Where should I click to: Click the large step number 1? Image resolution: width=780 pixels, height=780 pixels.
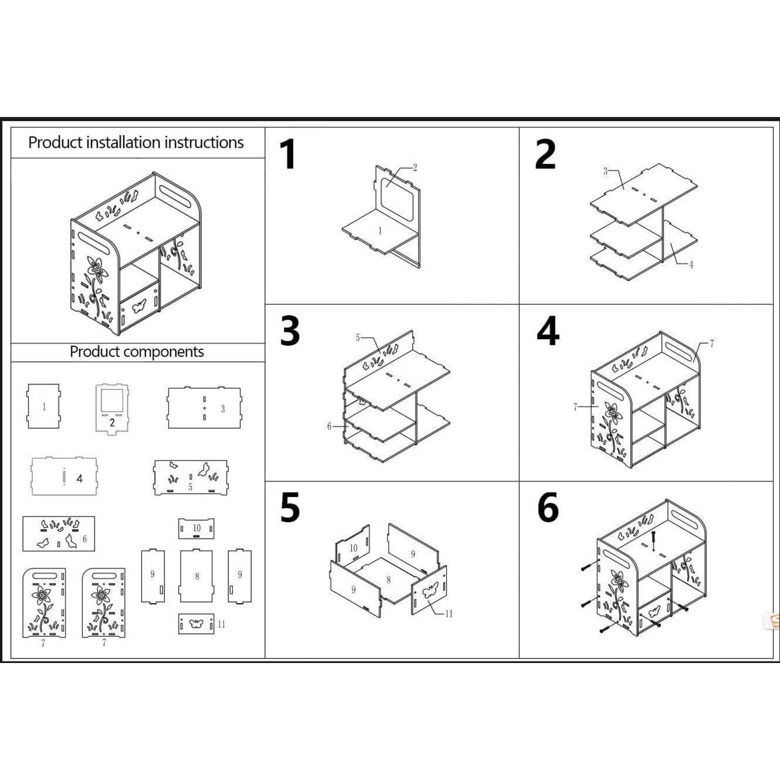(288, 154)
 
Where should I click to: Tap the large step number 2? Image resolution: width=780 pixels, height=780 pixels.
(545, 154)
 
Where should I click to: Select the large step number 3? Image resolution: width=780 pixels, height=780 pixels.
(290, 331)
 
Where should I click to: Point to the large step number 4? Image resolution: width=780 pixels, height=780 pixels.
(548, 331)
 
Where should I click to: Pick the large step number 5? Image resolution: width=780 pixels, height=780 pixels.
(290, 508)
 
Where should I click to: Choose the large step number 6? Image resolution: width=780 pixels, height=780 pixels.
(548, 508)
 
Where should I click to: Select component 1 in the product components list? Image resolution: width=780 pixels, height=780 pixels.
(43, 406)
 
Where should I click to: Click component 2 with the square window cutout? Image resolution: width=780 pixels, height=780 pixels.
(112, 408)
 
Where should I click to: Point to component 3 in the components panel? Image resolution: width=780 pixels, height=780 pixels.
(204, 408)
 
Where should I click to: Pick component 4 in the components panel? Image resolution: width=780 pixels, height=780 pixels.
(64, 476)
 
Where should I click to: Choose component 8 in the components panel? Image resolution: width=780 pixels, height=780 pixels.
(196, 576)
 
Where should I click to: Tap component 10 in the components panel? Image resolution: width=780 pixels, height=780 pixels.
(197, 528)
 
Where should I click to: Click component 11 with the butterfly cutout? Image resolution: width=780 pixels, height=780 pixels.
(196, 623)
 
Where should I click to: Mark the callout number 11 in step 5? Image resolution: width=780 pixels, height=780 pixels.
(448, 614)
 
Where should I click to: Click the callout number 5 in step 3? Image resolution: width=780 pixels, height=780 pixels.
(358, 338)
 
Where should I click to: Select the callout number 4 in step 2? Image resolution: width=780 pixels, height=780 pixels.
(691, 265)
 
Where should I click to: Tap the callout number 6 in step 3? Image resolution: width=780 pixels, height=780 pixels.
(329, 426)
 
